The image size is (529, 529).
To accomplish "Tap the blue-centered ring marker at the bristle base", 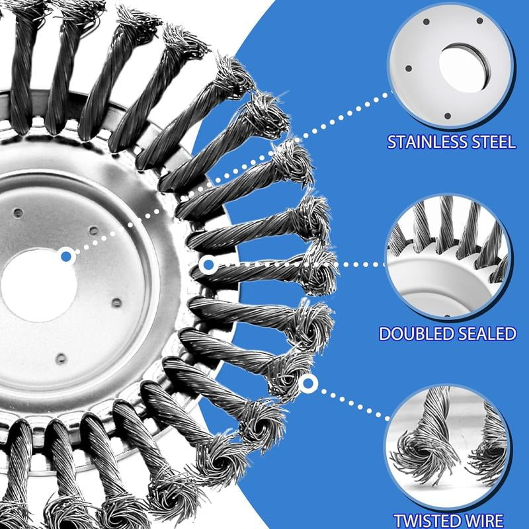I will pyautogui.click(x=208, y=265).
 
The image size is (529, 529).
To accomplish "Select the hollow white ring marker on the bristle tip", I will pyautogui.click(x=306, y=383).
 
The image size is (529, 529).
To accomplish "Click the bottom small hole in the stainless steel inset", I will pyautogui.click(x=447, y=116).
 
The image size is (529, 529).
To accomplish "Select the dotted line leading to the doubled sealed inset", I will pyautogui.click(x=357, y=264).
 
